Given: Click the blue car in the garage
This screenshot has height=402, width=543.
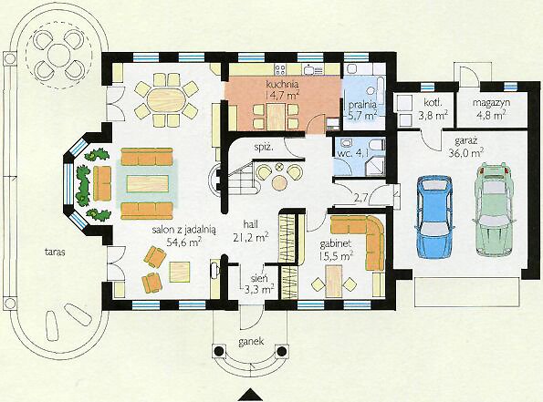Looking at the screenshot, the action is (x=434, y=216).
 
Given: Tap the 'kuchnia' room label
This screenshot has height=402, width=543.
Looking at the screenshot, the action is (x=277, y=84).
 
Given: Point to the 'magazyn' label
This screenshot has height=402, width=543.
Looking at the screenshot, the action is (x=488, y=103).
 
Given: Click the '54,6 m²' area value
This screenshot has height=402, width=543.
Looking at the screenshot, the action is (x=184, y=242).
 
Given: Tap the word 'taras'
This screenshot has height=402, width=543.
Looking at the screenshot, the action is (x=55, y=252).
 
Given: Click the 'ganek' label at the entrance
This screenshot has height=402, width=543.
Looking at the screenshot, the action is (x=251, y=342).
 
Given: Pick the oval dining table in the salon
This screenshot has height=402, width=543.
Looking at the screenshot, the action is (x=167, y=100).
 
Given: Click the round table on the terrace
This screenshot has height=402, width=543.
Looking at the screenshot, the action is (x=59, y=56).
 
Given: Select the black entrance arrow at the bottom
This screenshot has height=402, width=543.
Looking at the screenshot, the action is (x=250, y=396).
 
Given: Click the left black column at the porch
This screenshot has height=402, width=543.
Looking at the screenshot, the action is (x=219, y=352).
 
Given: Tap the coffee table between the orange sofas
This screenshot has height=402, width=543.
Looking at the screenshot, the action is (x=147, y=183).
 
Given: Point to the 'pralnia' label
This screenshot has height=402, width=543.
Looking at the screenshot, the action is (x=362, y=104).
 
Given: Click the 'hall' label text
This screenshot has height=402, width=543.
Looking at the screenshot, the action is (x=250, y=224).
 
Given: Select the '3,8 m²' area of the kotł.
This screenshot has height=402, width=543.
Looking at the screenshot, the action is (x=433, y=115).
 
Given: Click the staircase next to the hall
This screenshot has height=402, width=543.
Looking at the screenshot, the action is (x=241, y=180).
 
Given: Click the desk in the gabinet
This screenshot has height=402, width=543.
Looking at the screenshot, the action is (x=334, y=281).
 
